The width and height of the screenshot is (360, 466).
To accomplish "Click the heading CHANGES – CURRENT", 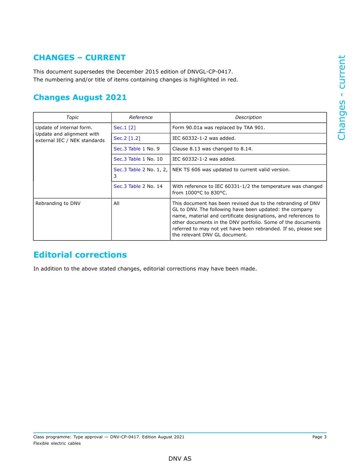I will coord(80,58).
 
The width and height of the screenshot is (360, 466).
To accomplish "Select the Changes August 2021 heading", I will coord(80,97).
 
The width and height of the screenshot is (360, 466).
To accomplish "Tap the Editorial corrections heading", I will coord(80,255).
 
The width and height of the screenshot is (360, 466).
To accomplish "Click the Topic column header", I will coord(72,117).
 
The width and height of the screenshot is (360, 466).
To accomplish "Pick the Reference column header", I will coord(141,117).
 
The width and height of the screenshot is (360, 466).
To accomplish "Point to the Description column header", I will coord(248,117).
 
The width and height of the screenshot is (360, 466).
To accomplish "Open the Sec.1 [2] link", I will coord(124,128).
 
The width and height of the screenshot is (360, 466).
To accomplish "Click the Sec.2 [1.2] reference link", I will coord(127,138).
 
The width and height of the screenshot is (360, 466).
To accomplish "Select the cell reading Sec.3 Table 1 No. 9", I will coord(136,149).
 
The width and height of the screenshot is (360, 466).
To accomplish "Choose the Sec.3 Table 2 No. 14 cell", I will coord(138,186).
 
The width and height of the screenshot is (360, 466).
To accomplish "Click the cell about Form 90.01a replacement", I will coord(219,128).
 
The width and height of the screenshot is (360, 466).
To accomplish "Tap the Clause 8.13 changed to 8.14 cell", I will coord(212,149).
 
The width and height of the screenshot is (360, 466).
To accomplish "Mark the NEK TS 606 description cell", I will coord(231,170).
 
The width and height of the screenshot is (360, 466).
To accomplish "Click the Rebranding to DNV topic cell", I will coord(58,203).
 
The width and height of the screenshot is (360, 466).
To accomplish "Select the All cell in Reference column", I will coord(116,203).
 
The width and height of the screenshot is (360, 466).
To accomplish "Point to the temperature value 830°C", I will coord(219,193).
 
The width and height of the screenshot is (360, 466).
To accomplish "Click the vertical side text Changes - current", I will coord(341,98).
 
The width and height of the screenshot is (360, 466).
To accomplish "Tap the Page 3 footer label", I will coord(319,437).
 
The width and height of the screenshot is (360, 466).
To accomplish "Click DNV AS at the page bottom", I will coord(180,459).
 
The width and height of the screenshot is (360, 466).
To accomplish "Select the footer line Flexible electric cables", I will coord(57,443).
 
